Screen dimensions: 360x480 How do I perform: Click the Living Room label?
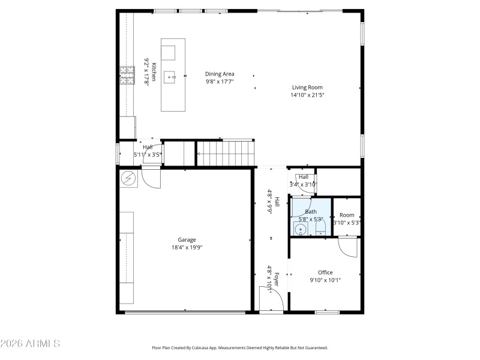tap(307, 88)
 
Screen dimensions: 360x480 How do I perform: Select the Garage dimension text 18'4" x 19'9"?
tap(187, 247)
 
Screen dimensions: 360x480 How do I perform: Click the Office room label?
tap(325, 272)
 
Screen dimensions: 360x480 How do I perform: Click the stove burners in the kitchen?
tap(127, 76)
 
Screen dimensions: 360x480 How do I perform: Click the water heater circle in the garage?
tap(128, 178)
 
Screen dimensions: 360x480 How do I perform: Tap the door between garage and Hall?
tap(151, 178)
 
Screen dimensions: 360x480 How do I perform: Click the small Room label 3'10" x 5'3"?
tap(347, 215)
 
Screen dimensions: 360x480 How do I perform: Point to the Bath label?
tap(311, 212)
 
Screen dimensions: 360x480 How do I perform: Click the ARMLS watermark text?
tap(30, 344)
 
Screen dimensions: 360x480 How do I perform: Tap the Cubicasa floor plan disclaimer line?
tap(239, 347)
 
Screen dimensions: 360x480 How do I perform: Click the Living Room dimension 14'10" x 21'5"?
tap(307, 95)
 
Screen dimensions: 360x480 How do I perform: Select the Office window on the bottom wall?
tap(328, 312)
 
